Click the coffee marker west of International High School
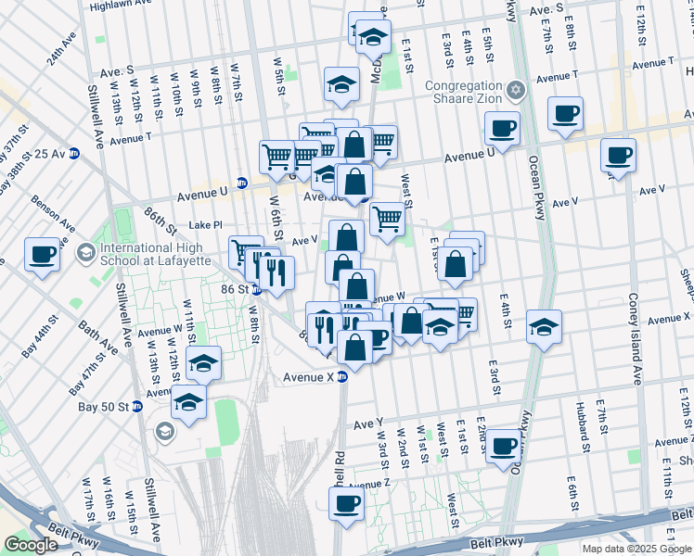click(x=42, y=254)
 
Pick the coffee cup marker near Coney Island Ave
click(x=617, y=155)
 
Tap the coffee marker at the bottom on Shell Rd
click(x=347, y=504)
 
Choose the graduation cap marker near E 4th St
click(x=544, y=326)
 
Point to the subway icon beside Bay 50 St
click(x=136, y=407)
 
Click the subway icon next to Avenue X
click(x=342, y=377)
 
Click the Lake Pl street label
click(x=205, y=224)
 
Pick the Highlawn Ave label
click(x=122, y=6)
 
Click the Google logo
click(x=31, y=545)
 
